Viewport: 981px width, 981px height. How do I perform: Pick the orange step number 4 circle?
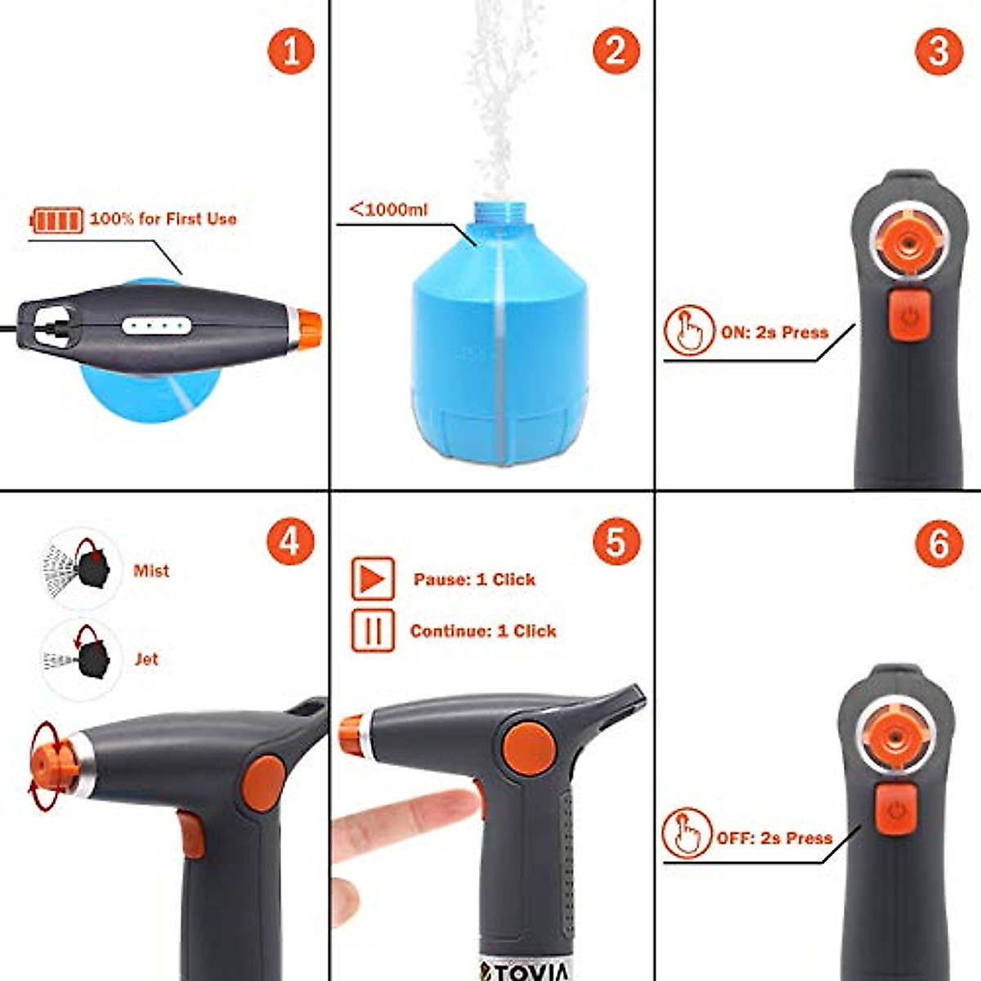(291, 542)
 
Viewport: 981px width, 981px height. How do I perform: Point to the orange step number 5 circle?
(616, 542)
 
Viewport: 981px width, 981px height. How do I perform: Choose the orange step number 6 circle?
(939, 542)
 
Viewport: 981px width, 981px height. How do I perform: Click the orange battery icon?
(57, 220)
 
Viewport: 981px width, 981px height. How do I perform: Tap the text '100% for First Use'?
(163, 219)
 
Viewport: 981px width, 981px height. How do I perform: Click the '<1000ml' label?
(388, 209)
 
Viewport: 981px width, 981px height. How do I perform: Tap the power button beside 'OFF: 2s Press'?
(897, 811)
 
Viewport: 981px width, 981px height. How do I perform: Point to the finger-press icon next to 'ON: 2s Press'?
(689, 331)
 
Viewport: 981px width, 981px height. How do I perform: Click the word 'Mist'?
(151, 571)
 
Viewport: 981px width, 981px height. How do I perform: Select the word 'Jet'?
(146, 659)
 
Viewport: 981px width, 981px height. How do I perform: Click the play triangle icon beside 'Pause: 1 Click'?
(373, 580)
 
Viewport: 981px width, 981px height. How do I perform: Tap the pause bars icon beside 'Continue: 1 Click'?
(373, 631)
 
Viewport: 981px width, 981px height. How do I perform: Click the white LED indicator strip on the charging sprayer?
(157, 326)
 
